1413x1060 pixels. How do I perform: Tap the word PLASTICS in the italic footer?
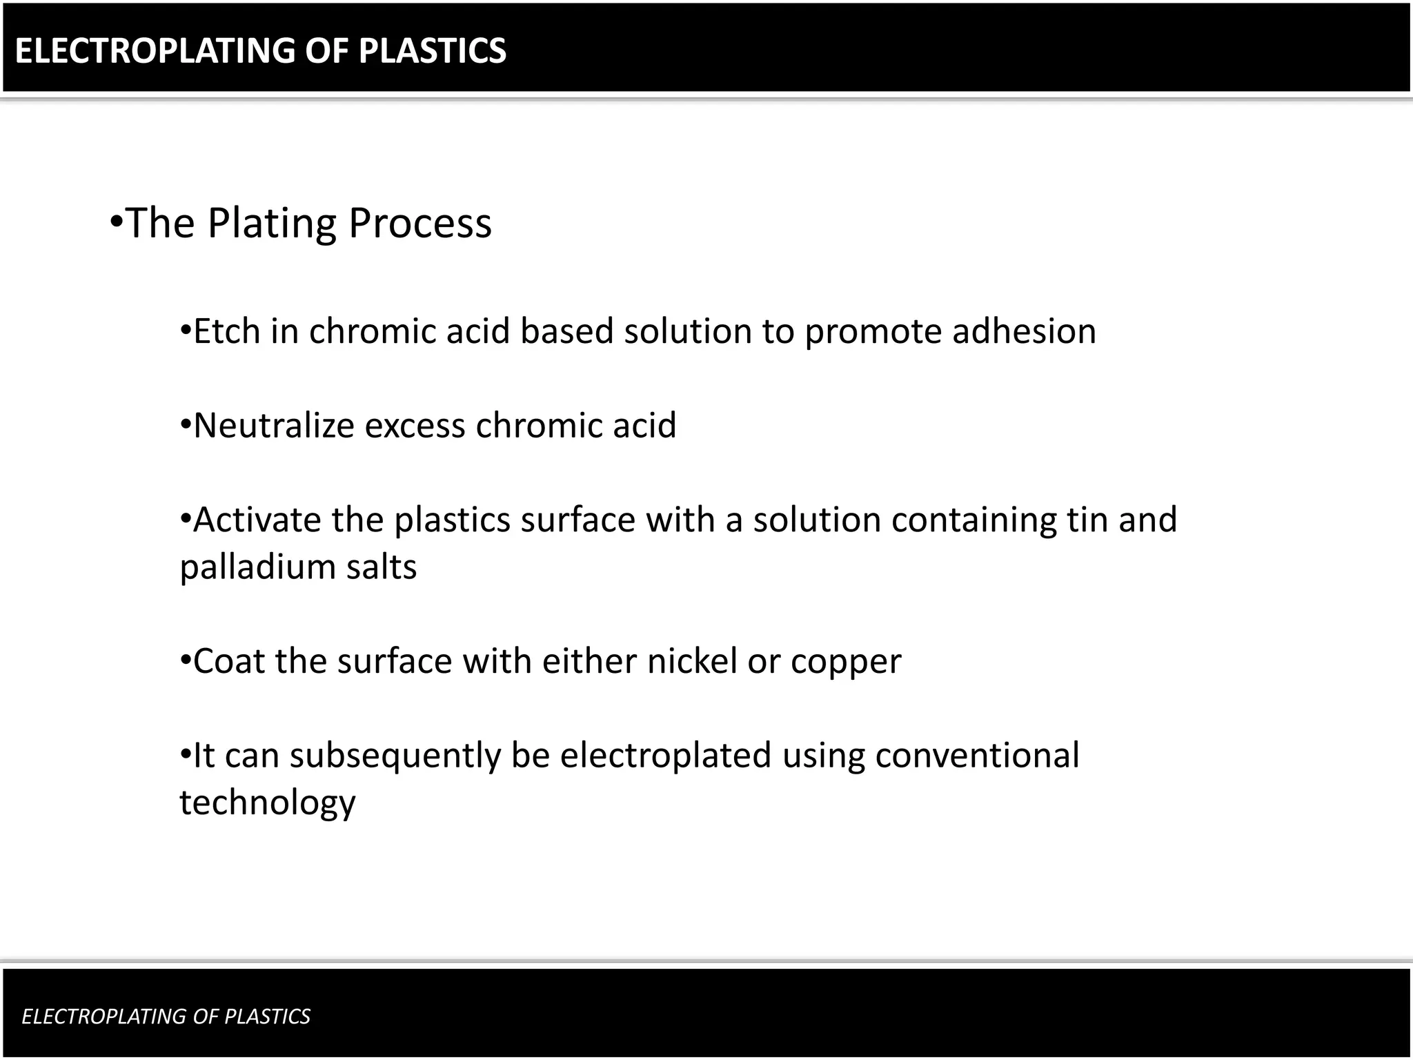pyautogui.click(x=267, y=1017)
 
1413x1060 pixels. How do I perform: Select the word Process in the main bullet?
pyautogui.click(x=419, y=223)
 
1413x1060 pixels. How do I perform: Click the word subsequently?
pyautogui.click(x=395, y=756)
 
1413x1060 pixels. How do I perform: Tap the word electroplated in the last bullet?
pyautogui.click(x=665, y=756)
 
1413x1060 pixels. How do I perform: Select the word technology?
pyautogui.click(x=268, y=803)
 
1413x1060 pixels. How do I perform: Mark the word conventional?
pyautogui.click(x=977, y=756)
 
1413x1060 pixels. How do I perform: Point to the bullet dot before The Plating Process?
pyautogui.click(x=116, y=223)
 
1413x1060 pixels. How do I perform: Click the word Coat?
pyautogui.click(x=228, y=661)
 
